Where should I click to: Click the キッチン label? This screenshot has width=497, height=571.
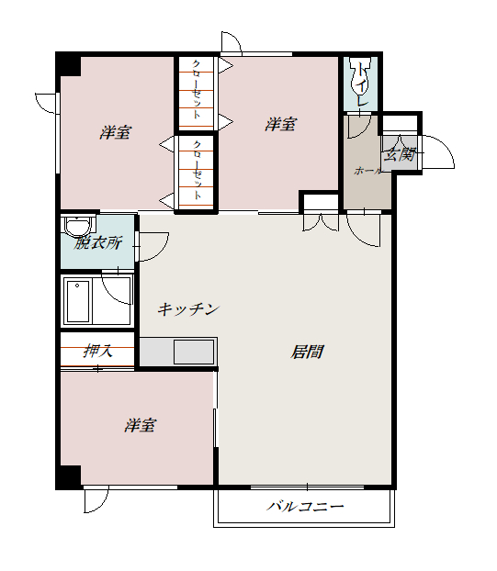point(187,309)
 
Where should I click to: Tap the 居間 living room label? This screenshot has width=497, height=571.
point(307,352)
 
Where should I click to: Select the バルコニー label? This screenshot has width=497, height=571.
point(306,506)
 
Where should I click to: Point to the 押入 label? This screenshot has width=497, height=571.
point(97,351)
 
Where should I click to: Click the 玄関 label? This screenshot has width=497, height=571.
point(401,154)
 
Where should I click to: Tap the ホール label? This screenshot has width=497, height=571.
point(367,171)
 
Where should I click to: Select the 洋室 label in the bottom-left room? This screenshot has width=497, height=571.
point(140,425)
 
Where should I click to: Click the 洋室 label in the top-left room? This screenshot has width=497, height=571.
point(115,133)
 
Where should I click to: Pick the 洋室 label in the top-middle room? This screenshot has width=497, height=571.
point(281,124)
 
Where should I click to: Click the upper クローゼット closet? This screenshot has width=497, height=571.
point(196,92)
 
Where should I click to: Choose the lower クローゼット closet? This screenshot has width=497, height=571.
point(196,172)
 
